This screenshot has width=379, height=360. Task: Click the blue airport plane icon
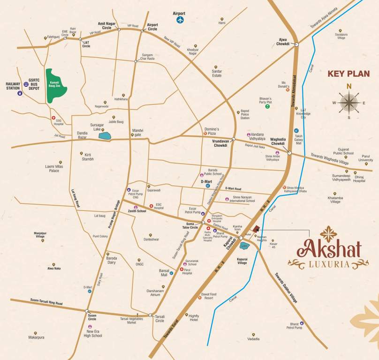(180, 20)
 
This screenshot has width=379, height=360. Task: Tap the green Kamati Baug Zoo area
(56, 86)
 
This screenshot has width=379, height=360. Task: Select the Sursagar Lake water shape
(105, 136)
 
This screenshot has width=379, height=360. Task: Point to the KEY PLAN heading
(349, 74)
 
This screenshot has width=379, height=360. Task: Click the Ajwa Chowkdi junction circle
(296, 44)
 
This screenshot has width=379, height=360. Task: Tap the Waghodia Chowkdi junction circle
(289, 153)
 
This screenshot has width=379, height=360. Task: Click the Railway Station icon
(20, 93)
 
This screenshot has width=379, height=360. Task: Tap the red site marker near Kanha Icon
(256, 229)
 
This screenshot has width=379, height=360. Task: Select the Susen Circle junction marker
(87, 311)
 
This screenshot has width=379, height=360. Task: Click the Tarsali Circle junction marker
(150, 315)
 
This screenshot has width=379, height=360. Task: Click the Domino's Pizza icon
(205, 134)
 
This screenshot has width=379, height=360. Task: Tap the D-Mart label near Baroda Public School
(207, 181)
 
